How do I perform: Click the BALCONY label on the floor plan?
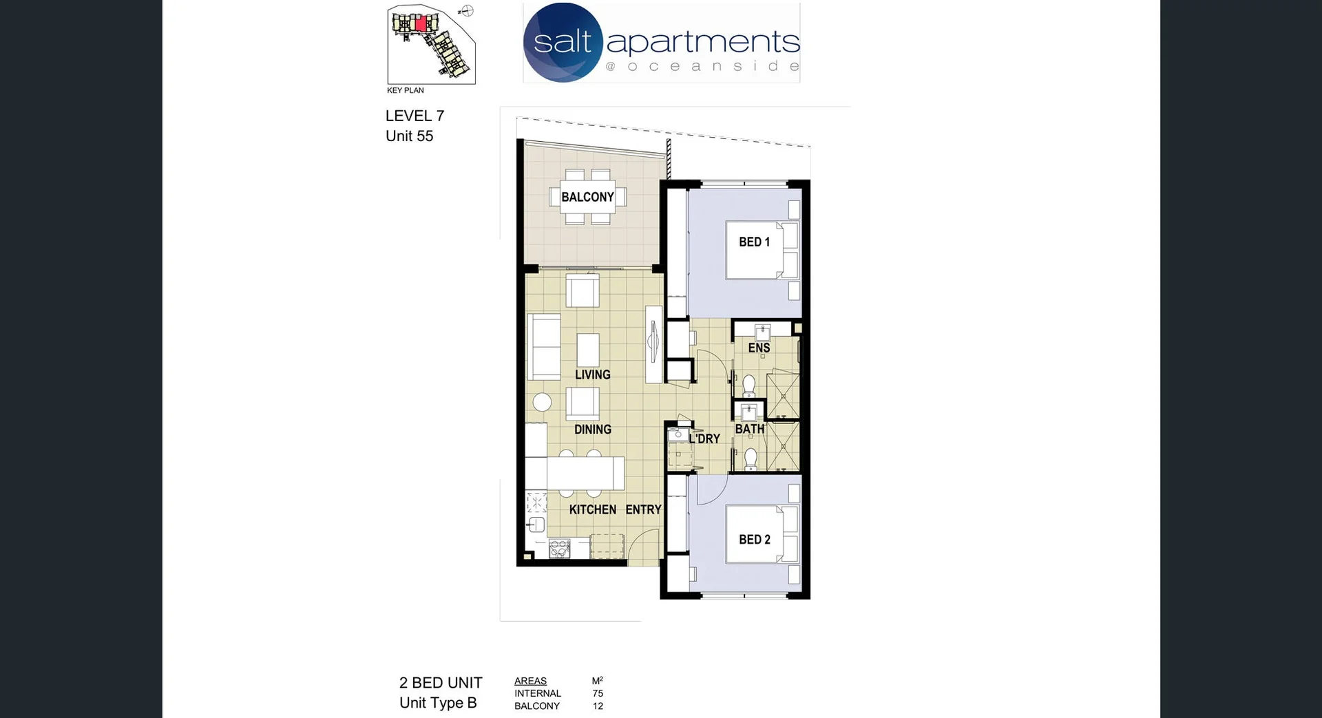click(587, 197)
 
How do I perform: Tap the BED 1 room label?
click(754, 242)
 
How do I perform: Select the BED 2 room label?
click(754, 539)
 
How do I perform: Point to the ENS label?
click(759, 348)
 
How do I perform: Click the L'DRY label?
click(704, 439)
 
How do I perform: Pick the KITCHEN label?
click(592, 509)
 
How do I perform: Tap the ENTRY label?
click(643, 509)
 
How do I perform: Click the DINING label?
click(592, 429)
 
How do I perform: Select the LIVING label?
click(592, 374)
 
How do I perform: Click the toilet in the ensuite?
click(749, 386)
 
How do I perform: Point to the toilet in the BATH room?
click(751, 458)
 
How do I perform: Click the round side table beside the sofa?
click(542, 402)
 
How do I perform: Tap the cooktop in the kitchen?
click(559, 549)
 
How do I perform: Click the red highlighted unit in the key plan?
click(421, 24)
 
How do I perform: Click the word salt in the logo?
click(563, 42)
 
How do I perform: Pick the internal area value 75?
click(598, 693)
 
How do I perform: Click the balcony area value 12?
click(598, 706)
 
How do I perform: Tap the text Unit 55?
click(409, 136)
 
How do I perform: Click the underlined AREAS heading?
click(530, 681)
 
